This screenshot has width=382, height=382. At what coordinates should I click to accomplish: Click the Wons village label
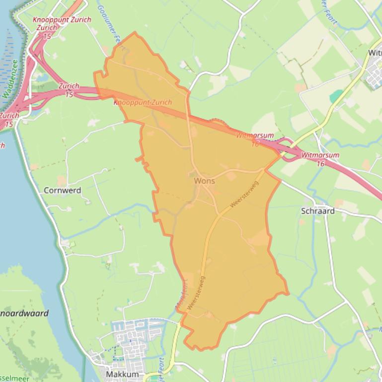(205, 181)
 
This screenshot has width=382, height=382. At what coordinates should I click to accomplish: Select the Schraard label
(318, 211)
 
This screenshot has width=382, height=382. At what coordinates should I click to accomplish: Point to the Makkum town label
(122, 374)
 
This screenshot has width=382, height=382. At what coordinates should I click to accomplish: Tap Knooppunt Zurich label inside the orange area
(143, 103)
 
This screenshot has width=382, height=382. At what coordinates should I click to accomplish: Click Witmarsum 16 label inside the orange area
(254, 138)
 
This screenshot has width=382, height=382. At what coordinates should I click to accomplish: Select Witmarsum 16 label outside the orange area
(320, 159)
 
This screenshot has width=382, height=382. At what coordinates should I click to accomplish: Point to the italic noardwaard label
(25, 313)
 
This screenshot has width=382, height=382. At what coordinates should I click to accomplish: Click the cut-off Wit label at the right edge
(375, 53)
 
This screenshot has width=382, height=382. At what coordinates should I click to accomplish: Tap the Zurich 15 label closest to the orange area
(69, 89)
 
